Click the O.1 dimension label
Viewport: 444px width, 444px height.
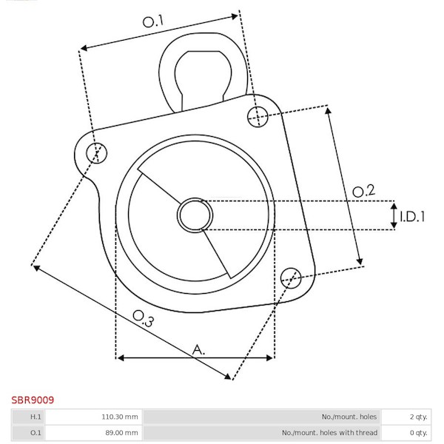coord(153,21)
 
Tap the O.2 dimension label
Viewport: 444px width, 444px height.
coord(363,191)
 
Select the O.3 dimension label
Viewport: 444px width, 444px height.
coord(144,318)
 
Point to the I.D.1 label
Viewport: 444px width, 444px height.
coord(412,217)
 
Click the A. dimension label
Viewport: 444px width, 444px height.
coord(198,350)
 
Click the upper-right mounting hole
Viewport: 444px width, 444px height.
coord(258,117)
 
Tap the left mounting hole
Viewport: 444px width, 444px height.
coord(96,153)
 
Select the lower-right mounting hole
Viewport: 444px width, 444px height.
coord(291,278)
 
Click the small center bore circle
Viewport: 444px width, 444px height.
coord(195,215)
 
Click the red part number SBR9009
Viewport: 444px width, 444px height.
coord(33,400)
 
